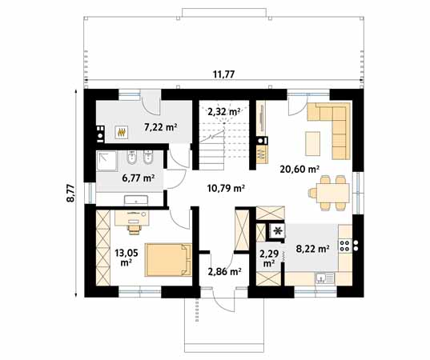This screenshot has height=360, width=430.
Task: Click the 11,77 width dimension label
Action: click(x=223, y=74)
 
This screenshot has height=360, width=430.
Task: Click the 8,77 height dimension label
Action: click(x=70, y=193)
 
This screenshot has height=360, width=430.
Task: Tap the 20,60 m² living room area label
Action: click(x=299, y=169)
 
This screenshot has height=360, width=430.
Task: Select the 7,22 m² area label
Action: click(x=160, y=127)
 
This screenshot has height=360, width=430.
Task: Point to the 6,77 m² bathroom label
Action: click(x=138, y=178)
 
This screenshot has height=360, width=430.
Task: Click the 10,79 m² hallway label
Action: click(x=226, y=188)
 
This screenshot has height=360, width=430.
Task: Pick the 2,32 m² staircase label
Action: click(x=224, y=111)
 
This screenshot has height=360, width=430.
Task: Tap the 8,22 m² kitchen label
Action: click(x=312, y=249)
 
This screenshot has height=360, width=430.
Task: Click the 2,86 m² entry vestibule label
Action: click(x=224, y=271)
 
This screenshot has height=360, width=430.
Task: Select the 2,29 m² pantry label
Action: click(x=269, y=258)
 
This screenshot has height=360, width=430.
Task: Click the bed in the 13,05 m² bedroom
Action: click(x=168, y=259)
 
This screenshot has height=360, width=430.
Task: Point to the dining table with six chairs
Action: click(x=332, y=193)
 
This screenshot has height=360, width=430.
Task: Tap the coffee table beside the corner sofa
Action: click(x=312, y=143)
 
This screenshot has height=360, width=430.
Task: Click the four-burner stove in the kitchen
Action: click(x=345, y=246)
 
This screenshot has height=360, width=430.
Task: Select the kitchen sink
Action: click(x=324, y=278)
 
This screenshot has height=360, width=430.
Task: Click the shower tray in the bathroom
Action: click(x=107, y=161)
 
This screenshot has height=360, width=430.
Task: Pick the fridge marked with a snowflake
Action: click(x=278, y=231)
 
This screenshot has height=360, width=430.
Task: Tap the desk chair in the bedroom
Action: click(x=134, y=230)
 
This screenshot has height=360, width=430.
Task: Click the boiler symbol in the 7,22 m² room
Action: click(x=121, y=132)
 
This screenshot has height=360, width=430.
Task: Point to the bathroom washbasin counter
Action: click(x=136, y=200)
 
